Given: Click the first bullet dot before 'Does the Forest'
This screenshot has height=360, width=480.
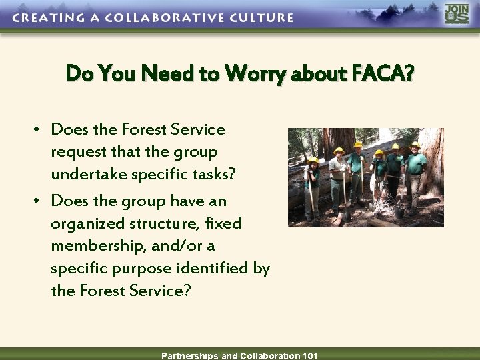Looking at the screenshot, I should point(41,129).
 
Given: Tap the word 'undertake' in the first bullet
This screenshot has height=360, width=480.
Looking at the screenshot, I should point(85,174).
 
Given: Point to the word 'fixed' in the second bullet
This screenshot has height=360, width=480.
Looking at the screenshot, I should point(224,223).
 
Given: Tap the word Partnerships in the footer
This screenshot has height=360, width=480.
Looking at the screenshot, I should point(190,355).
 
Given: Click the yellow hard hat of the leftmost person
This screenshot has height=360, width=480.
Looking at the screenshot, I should point(313,161).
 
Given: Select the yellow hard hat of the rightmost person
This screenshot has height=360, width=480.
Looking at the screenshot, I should point(415,145).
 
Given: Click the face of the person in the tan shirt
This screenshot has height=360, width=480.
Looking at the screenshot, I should point(339,157).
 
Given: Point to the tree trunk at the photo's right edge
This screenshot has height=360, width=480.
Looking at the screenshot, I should point(435,167).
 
